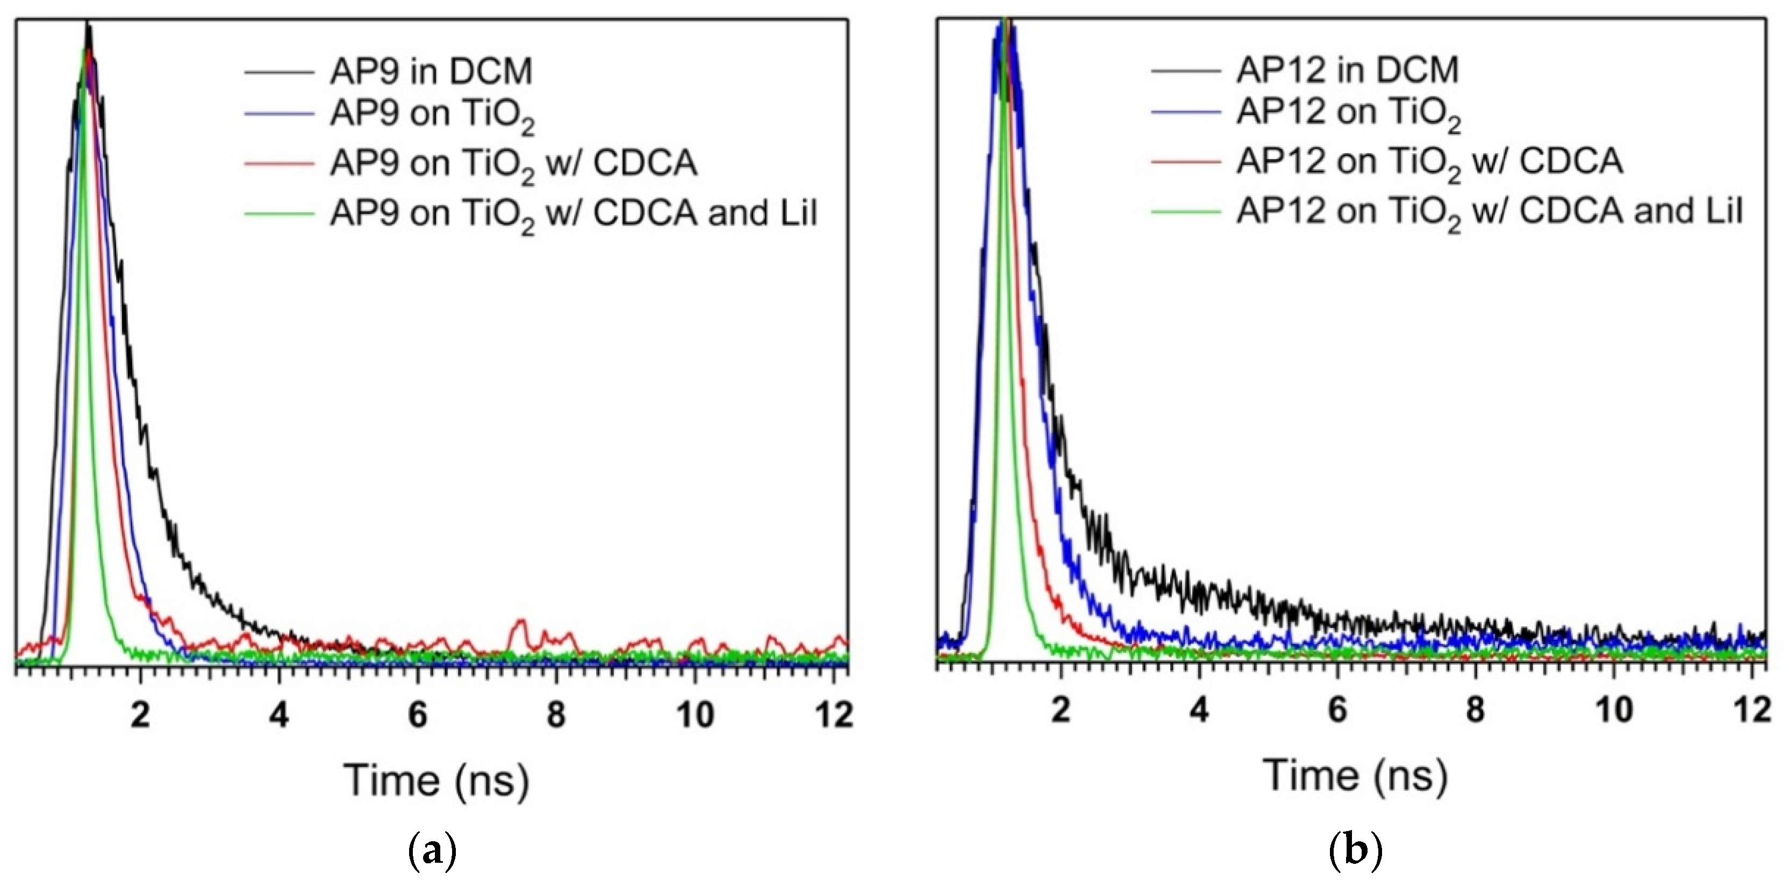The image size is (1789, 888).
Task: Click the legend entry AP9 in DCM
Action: point(431,71)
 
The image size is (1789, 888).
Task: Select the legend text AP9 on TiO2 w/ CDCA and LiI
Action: point(573,214)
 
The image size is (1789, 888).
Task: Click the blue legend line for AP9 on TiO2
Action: point(278,113)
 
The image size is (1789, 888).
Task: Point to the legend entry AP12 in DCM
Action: point(1347,70)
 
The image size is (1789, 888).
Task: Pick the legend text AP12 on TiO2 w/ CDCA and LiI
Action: point(1489,212)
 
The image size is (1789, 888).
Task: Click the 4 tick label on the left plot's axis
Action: point(279,714)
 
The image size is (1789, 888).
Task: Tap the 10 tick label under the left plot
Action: point(695,714)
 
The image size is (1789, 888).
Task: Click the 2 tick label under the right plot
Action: point(1061,711)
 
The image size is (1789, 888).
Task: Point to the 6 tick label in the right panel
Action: point(1337,711)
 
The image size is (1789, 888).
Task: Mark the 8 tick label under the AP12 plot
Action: point(1475,711)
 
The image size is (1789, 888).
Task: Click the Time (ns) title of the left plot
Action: point(436,781)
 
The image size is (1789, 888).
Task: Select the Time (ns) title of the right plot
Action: point(1355,776)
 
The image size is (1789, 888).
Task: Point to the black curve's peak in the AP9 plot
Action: point(88,26)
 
